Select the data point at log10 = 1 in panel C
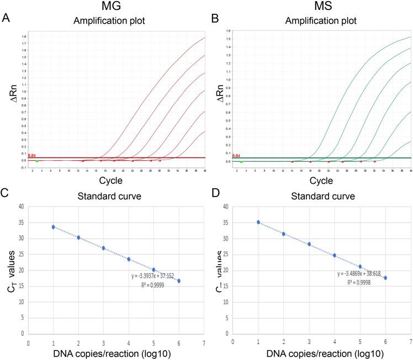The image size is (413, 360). click(x=54, y=227)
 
